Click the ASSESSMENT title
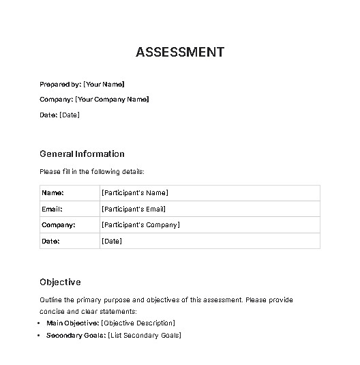coord(180,52)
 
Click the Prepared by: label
coord(60,84)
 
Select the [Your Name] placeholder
coord(104,84)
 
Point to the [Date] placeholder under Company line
coord(70,115)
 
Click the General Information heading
coord(82,154)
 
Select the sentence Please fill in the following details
coord(92,171)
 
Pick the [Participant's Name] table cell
coord(134,193)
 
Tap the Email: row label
coord(52,209)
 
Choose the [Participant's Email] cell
coord(134,209)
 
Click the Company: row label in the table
coord(58,225)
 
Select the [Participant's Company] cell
coord(140,225)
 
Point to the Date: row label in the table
coord(50,242)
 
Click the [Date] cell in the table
coord(111,242)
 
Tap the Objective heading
coord(60,282)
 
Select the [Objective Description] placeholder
coord(138,323)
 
